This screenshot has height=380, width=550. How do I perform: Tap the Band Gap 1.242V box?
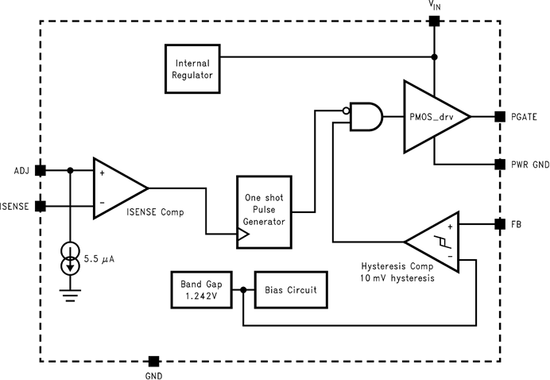200,289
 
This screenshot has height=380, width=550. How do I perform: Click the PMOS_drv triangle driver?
432,116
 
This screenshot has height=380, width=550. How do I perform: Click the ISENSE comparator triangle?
117,188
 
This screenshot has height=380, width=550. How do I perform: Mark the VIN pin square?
433,21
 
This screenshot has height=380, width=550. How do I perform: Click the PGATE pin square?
499,116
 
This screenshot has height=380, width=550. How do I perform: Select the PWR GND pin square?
499,165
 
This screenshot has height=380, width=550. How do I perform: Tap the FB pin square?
499,224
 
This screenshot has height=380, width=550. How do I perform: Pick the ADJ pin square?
41,169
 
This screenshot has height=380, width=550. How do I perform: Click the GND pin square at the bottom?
154,361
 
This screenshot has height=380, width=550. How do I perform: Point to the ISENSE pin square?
41,206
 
